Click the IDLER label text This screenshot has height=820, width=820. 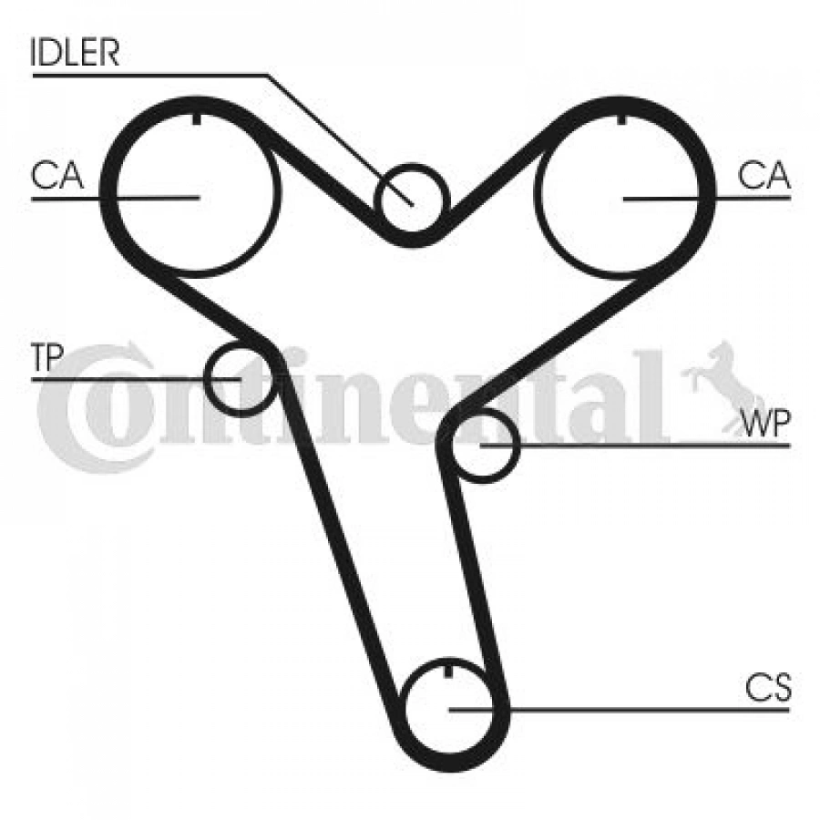pos(76,53)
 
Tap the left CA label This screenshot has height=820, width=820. pos(56,175)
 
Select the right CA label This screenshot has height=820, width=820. pos(764,175)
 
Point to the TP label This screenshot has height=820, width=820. pos(46,358)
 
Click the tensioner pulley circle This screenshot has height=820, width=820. pos(239,377)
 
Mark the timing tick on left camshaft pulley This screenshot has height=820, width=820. pos(197,118)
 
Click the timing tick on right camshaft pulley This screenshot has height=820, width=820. pos(621,118)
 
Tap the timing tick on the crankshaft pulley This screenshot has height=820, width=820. pos(451,672)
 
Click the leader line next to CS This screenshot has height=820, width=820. pos(638,709)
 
